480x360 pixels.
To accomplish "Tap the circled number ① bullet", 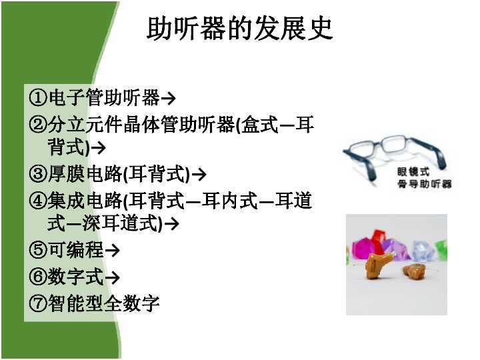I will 38,99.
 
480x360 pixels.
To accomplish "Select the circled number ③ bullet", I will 38,175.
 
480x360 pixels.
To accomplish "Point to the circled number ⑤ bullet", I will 38,251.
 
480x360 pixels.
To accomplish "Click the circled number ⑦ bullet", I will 38,304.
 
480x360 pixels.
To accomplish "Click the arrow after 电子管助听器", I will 169,99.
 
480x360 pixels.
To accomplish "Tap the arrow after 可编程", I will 113,251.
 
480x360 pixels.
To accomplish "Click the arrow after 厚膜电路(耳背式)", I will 198,175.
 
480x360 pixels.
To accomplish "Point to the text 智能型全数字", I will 103,304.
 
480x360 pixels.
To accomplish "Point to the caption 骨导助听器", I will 424,183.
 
